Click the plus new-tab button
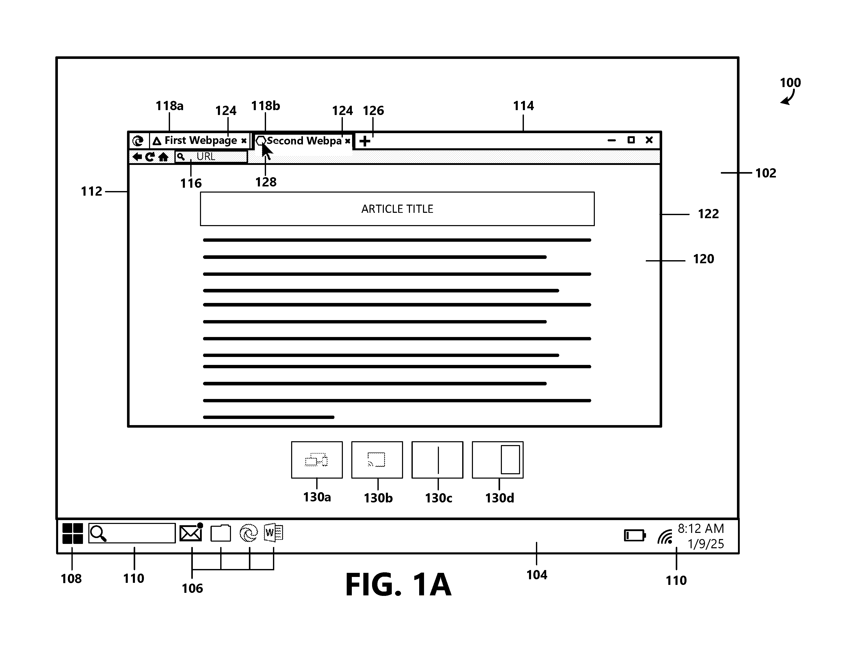pos(364,141)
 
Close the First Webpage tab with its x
pos(244,141)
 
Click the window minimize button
pos(612,140)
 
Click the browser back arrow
pos(137,157)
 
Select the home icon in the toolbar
pos(163,157)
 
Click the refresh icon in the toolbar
pos(150,157)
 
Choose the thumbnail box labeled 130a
pos(317,460)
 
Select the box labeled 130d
pos(498,460)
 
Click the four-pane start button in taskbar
pos(72,533)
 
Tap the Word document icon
pos(273,533)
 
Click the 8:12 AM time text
pos(701,529)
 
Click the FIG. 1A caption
pos(398,585)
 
